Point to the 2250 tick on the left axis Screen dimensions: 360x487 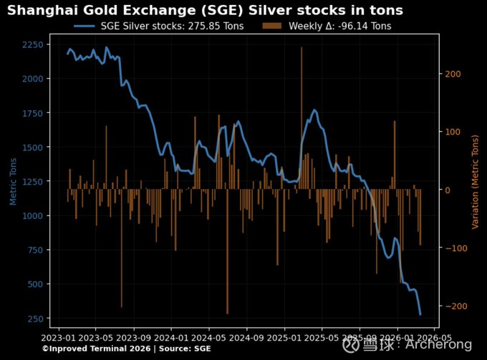coord(32,44)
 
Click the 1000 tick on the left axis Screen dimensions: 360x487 coord(32,215)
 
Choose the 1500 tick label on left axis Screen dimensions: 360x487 coord(32,147)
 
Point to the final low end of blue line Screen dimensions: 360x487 coord(420,314)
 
